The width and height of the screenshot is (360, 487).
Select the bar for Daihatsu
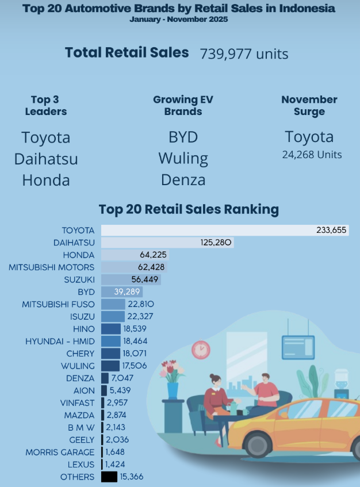(167, 243)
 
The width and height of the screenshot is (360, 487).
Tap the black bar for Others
(109, 477)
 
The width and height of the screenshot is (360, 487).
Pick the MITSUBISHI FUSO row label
(58, 304)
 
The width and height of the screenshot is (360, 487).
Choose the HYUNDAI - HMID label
(60, 341)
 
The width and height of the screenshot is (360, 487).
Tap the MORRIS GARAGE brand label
(60, 452)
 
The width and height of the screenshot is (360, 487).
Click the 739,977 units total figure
(244, 54)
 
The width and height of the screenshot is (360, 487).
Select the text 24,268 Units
(312, 155)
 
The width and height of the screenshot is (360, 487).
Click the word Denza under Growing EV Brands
(183, 180)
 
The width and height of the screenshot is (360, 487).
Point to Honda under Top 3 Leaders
(46, 180)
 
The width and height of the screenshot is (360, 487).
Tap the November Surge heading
(309, 105)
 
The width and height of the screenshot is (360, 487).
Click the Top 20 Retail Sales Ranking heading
(189, 209)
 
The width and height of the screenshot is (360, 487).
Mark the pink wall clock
(201, 349)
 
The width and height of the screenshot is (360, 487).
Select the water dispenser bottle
(342, 378)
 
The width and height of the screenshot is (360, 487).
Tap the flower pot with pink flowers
(173, 389)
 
